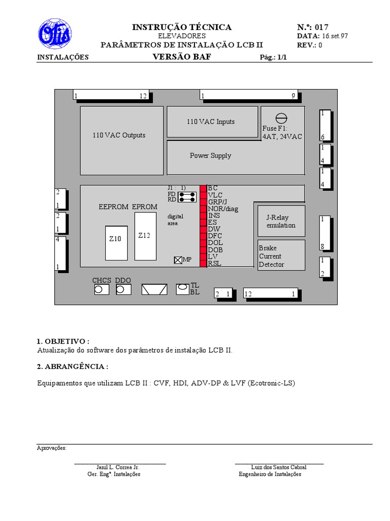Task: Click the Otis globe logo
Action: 55,34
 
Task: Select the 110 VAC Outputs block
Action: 122,140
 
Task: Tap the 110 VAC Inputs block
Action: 212,122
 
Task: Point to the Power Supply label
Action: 210,156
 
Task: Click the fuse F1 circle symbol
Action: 281,118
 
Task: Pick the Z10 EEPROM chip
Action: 116,243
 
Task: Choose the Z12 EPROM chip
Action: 145,236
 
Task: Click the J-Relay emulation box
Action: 281,221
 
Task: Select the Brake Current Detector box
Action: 281,255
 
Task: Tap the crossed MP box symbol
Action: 178,260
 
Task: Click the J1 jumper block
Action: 187,197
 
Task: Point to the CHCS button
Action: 102,290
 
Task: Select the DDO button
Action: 123,290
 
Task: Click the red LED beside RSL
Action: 203,264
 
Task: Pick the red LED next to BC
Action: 203,188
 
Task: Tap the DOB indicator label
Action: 215,250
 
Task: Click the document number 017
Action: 321,27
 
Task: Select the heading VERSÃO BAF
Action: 182,57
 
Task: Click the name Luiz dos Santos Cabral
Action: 279,467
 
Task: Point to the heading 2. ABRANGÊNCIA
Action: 73,366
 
